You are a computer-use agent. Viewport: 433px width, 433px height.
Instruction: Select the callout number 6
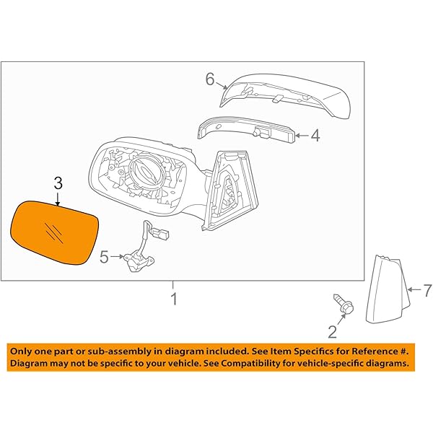(x=210, y=79)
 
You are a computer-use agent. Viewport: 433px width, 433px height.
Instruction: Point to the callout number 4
(x=316, y=134)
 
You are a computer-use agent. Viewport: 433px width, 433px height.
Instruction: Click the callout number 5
(x=104, y=255)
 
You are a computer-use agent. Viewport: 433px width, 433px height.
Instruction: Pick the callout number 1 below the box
(x=173, y=297)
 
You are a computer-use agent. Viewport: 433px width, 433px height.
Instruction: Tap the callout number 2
(x=332, y=331)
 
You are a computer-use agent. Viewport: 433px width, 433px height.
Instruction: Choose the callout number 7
(x=427, y=291)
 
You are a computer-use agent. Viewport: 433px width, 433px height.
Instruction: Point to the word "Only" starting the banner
(x=22, y=350)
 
